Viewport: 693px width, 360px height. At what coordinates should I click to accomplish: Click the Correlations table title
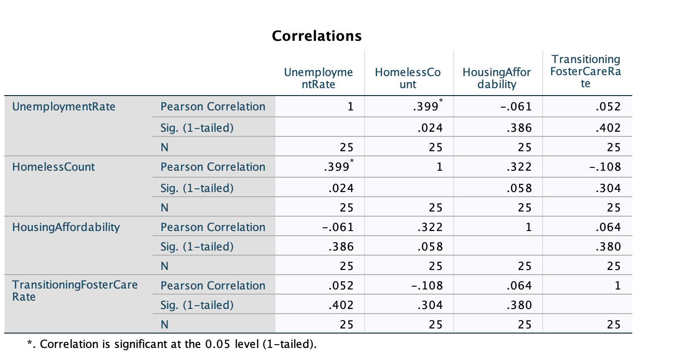[316, 36]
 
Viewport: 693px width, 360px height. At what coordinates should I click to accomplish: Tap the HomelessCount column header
[407, 78]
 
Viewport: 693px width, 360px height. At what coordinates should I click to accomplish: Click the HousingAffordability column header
[496, 78]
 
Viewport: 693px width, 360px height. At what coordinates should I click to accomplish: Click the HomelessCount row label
[53, 167]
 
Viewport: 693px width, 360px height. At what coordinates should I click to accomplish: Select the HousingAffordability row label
[66, 227]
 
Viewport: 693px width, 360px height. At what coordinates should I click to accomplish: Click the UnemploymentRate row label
[64, 107]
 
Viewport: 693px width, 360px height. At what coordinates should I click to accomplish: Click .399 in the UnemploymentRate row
[425, 107]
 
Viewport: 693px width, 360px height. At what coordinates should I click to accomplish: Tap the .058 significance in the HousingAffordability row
[430, 247]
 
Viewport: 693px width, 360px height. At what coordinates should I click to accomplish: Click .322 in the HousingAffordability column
[519, 167]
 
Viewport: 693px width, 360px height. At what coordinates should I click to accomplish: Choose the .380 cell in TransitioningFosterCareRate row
[519, 305]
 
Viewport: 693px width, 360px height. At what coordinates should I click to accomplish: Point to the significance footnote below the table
[172, 345]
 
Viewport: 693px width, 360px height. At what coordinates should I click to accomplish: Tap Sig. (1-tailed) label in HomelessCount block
[197, 187]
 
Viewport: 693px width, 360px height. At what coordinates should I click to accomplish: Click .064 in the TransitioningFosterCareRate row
[519, 286]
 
